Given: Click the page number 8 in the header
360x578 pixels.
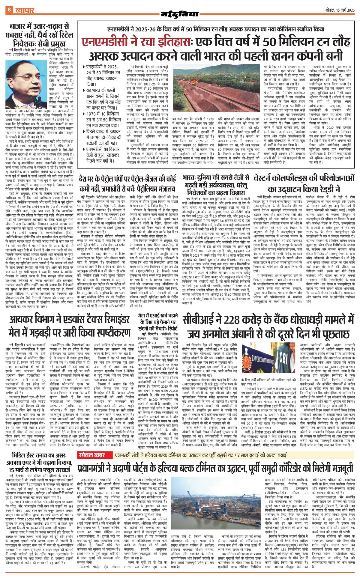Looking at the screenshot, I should (9, 10).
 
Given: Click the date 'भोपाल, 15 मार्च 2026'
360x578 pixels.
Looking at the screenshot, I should (340, 10).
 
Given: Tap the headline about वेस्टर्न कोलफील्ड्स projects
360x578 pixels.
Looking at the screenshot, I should (304, 183).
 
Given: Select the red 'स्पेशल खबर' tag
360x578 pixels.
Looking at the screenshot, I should (92, 455).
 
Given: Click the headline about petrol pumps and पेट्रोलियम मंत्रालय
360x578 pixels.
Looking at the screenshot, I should (127, 184).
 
